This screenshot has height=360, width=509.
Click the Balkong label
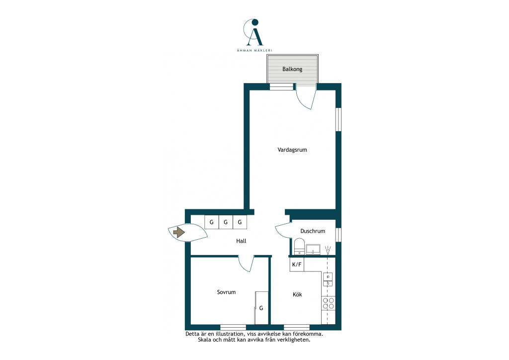tap(292, 69)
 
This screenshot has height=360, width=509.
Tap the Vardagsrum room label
tap(292, 150)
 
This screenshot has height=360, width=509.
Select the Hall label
tap(241, 241)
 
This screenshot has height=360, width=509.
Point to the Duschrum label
tap(313, 231)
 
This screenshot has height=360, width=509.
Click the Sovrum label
tap(226, 292)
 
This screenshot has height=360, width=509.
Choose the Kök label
tap(297, 294)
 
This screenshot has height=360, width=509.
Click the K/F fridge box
tap(297, 265)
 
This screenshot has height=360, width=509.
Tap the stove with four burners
tap(328, 303)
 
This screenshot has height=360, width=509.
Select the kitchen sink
tap(328, 280)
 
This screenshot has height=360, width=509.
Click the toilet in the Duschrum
tap(299, 247)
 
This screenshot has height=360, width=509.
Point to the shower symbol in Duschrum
tap(328, 250)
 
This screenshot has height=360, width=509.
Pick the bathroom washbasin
tap(313, 250)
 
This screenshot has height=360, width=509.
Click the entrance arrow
tap(179, 232)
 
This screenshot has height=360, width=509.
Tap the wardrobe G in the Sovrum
tap(261, 308)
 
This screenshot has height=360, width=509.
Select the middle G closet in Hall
tap(226, 222)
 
